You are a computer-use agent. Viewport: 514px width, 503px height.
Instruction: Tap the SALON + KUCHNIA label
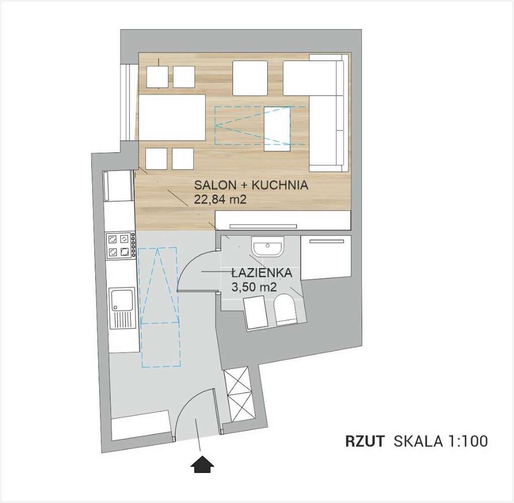tap(251, 185)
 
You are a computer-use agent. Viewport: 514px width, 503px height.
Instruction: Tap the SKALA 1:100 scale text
tap(440, 442)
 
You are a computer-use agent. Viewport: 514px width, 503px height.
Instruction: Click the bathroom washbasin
tap(267, 247)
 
